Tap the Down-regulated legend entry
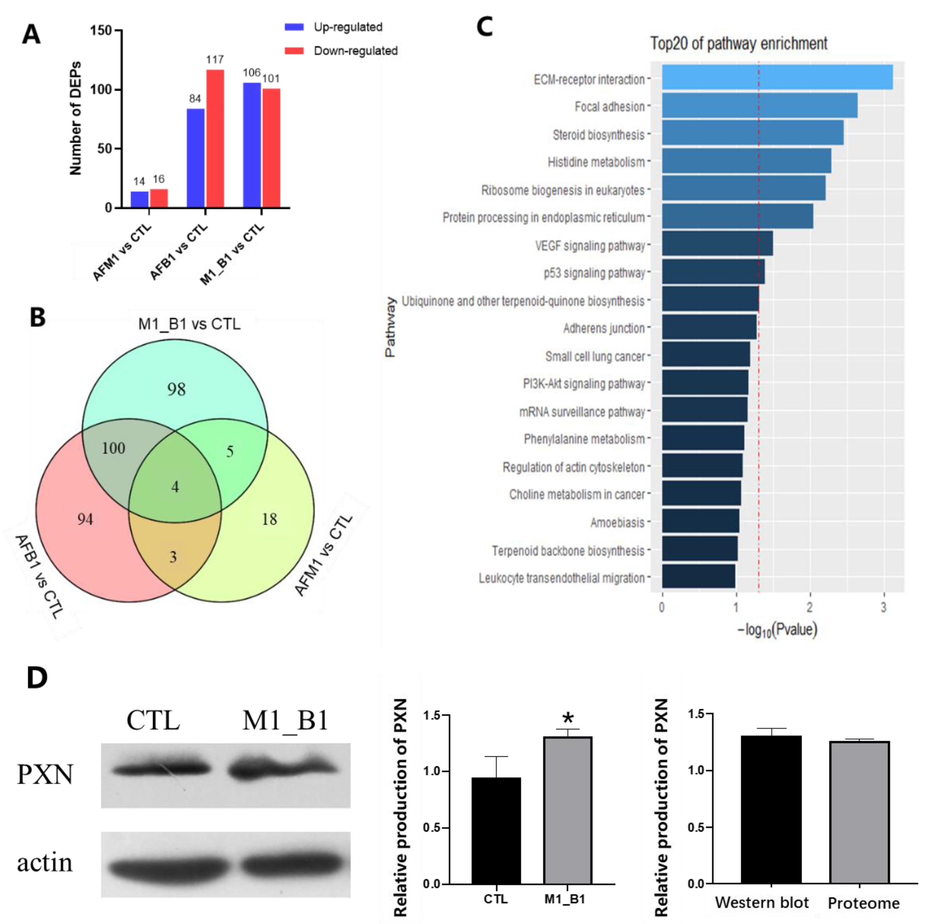coord(355,51)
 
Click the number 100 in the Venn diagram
coord(113,448)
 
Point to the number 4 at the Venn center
coord(175,487)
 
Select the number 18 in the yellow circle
coord(269,519)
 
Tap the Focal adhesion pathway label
coord(609,106)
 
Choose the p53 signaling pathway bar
coord(713,272)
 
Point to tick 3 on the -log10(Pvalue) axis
coord(883,607)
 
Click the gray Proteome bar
coord(859,812)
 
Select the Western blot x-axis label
coord(762,903)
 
